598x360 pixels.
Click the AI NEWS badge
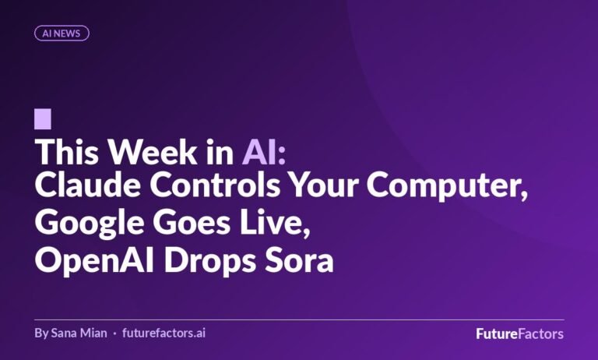(62, 33)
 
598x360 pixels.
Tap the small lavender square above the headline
(43, 119)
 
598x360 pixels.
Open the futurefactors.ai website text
(164, 334)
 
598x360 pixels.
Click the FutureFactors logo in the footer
(519, 334)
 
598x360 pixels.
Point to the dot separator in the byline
(114, 334)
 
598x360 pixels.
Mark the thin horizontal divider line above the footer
(299, 319)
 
